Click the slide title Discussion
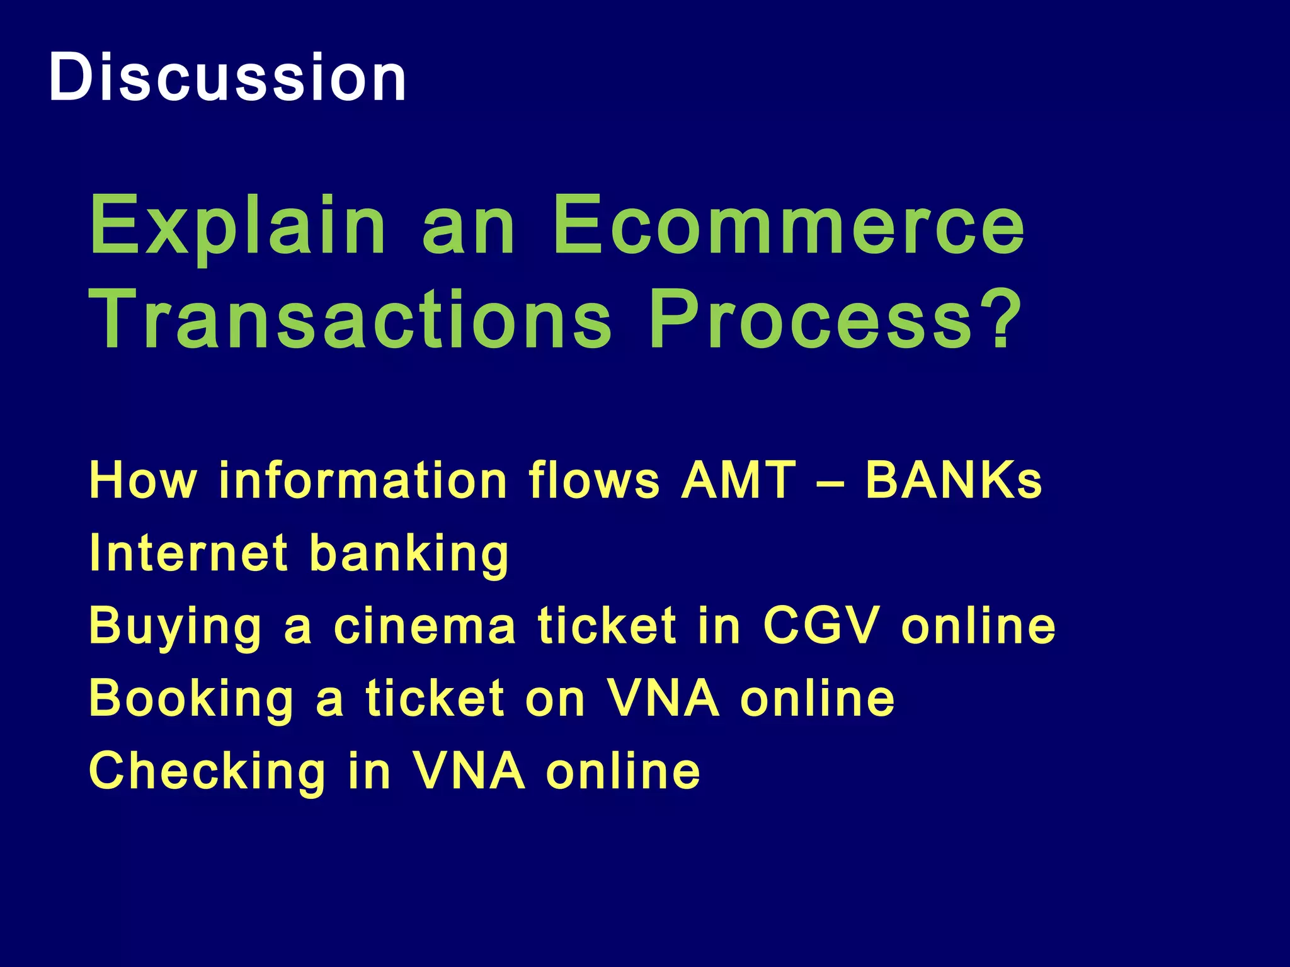pyautogui.click(x=227, y=78)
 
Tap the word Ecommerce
pyautogui.click(x=789, y=225)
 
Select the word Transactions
pyautogui.click(x=350, y=319)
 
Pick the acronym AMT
pyautogui.click(x=738, y=480)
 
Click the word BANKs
pyautogui.click(x=954, y=480)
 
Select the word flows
pyautogui.click(x=594, y=480)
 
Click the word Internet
pyautogui.click(x=189, y=553)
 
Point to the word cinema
pyautogui.click(x=425, y=626)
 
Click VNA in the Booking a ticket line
pyautogui.click(x=663, y=698)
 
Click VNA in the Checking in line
pyautogui.click(x=469, y=771)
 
